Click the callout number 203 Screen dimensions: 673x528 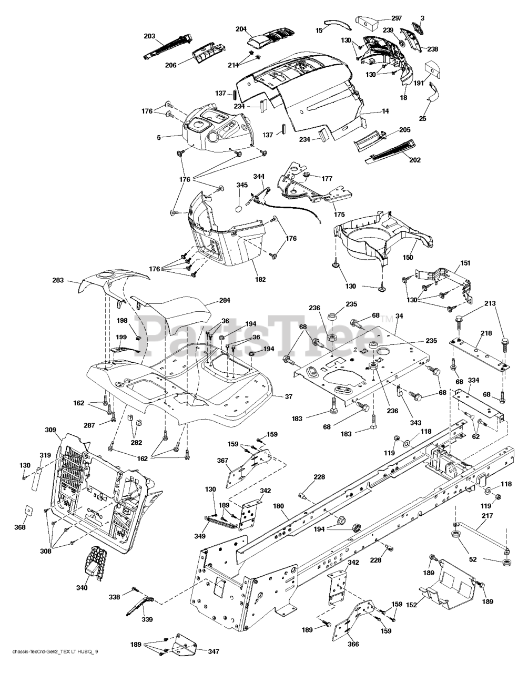(x=149, y=36)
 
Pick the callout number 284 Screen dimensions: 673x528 (x=225, y=301)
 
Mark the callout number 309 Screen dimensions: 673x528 (x=50, y=430)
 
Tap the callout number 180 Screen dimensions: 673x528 (x=278, y=506)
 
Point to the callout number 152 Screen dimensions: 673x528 (x=411, y=605)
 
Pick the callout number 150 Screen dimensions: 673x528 (x=408, y=257)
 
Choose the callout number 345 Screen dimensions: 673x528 (x=242, y=185)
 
